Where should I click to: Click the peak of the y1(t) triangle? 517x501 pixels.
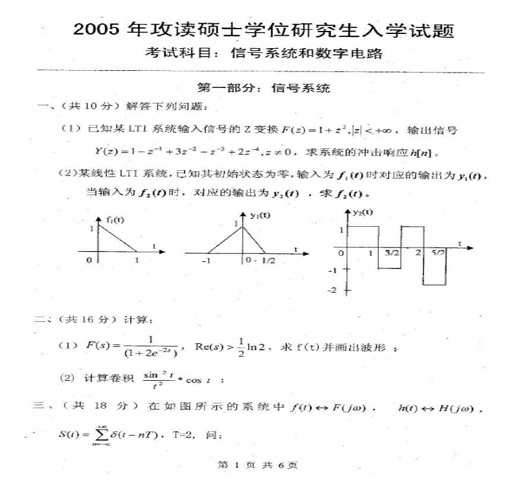[242, 226]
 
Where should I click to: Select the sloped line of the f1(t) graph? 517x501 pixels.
[118, 239]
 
